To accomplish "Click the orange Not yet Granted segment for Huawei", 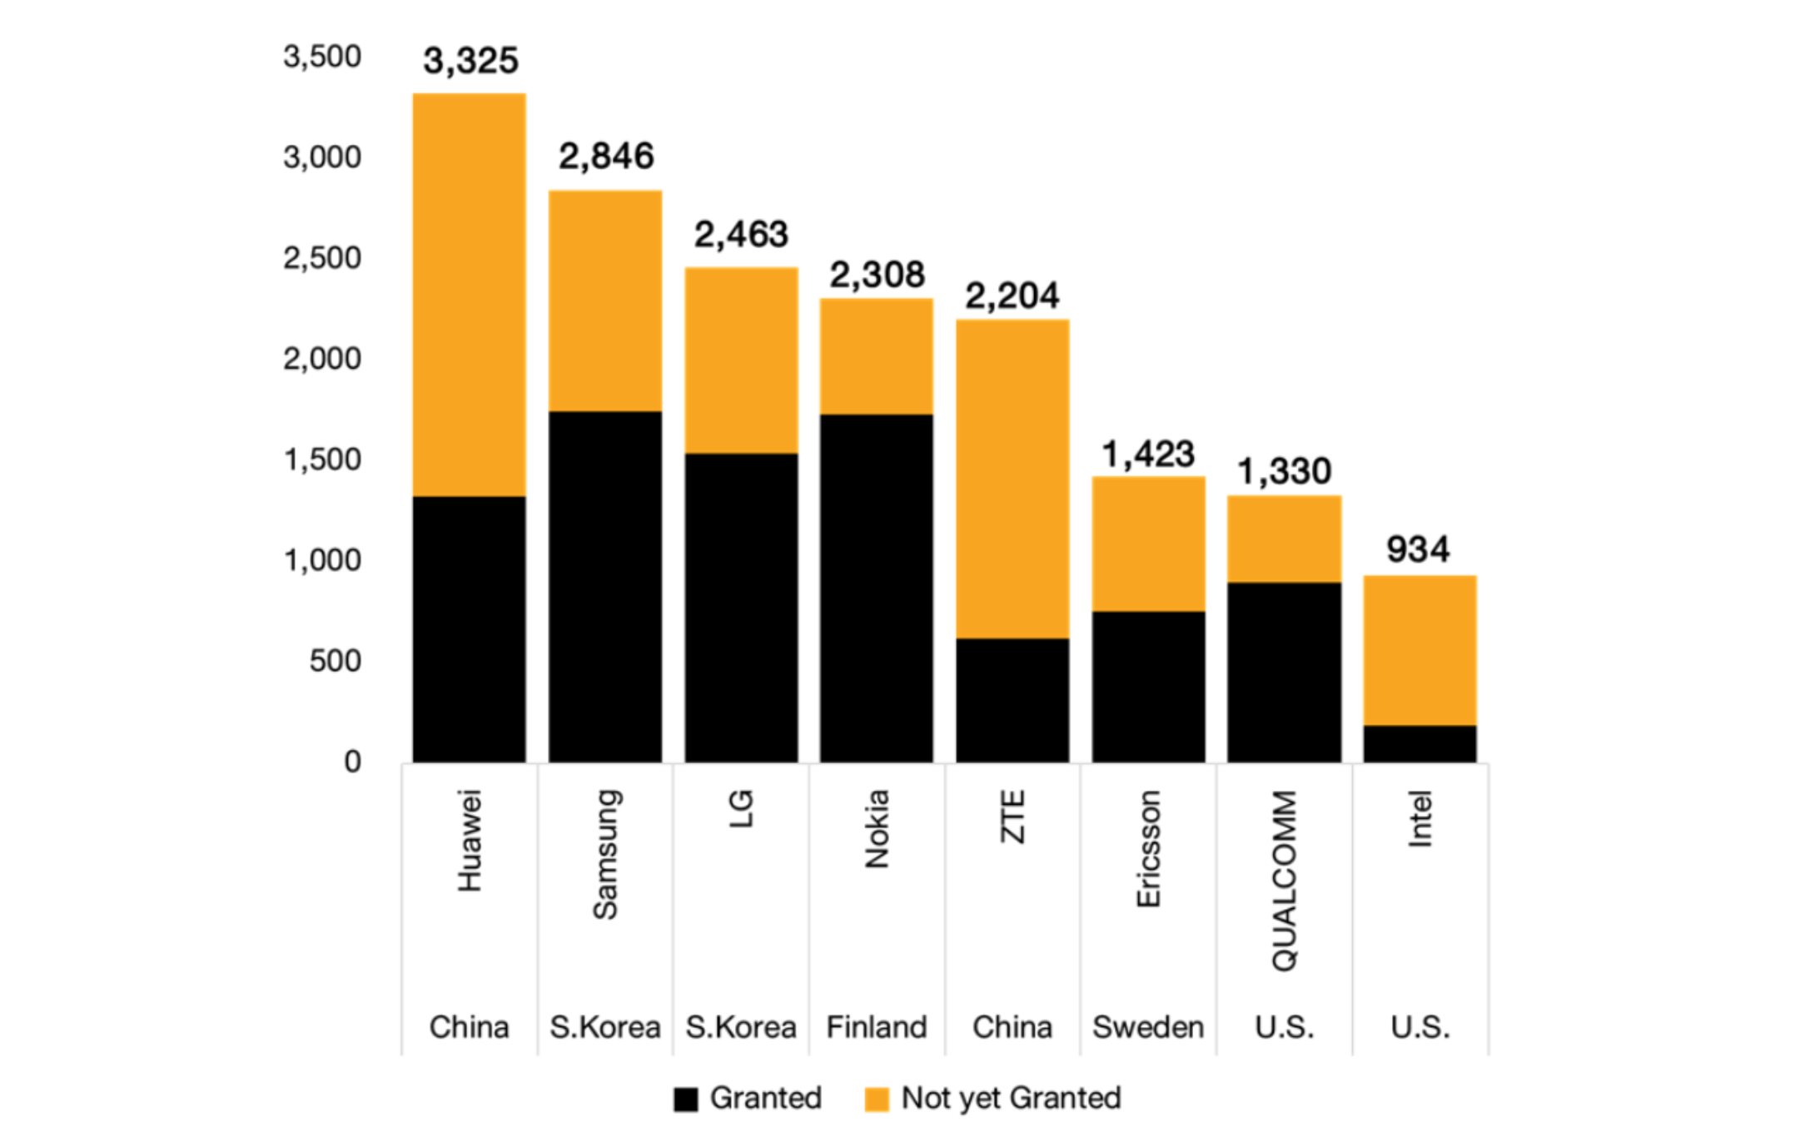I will (x=470, y=295).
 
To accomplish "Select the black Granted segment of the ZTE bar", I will (x=1012, y=700).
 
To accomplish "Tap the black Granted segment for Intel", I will (x=1420, y=743).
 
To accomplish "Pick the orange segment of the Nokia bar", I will (x=877, y=356).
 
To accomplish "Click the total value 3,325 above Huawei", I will (x=470, y=61).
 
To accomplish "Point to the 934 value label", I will (x=1418, y=549).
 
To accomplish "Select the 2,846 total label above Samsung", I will (x=606, y=156).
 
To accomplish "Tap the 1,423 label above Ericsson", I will (x=1148, y=454).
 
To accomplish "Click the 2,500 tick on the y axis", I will (x=322, y=259).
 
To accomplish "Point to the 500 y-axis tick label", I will (x=335, y=662).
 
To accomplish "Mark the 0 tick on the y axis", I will (x=352, y=762).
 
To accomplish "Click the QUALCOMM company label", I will (x=1285, y=880).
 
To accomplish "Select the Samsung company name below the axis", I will (x=605, y=854).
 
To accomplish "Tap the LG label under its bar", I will (x=741, y=809).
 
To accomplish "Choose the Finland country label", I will (x=877, y=1028).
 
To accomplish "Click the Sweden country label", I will (x=1148, y=1028).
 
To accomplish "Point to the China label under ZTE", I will (x=1012, y=1028).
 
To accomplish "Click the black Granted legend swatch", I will (x=686, y=1100).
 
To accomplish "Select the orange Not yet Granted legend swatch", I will (x=877, y=1100).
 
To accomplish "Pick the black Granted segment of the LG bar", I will (x=741, y=608).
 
